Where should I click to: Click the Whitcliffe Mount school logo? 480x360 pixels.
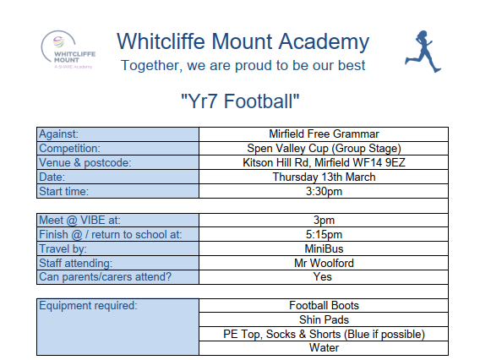click(x=68, y=50)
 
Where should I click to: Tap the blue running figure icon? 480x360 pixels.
click(x=423, y=52)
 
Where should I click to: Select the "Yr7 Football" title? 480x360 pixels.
click(x=240, y=101)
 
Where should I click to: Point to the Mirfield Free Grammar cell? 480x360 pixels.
click(x=324, y=134)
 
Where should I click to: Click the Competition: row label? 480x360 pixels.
click(x=70, y=149)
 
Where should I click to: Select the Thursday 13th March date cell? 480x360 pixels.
click(x=324, y=177)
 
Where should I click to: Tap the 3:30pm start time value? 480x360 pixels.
click(x=324, y=191)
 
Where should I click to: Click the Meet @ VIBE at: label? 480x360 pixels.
click(x=79, y=220)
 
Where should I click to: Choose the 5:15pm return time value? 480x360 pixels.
click(x=324, y=234)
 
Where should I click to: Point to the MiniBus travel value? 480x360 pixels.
click(x=324, y=248)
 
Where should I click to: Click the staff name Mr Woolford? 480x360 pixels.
click(x=324, y=263)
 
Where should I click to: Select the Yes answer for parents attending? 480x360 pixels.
click(x=322, y=276)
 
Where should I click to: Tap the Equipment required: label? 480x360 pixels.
click(x=88, y=306)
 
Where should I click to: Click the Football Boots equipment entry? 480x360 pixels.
click(x=324, y=306)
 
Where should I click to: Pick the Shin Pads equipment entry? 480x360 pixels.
click(x=324, y=319)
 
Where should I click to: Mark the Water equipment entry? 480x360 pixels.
click(x=324, y=348)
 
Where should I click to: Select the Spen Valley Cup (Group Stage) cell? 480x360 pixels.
click(x=324, y=149)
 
